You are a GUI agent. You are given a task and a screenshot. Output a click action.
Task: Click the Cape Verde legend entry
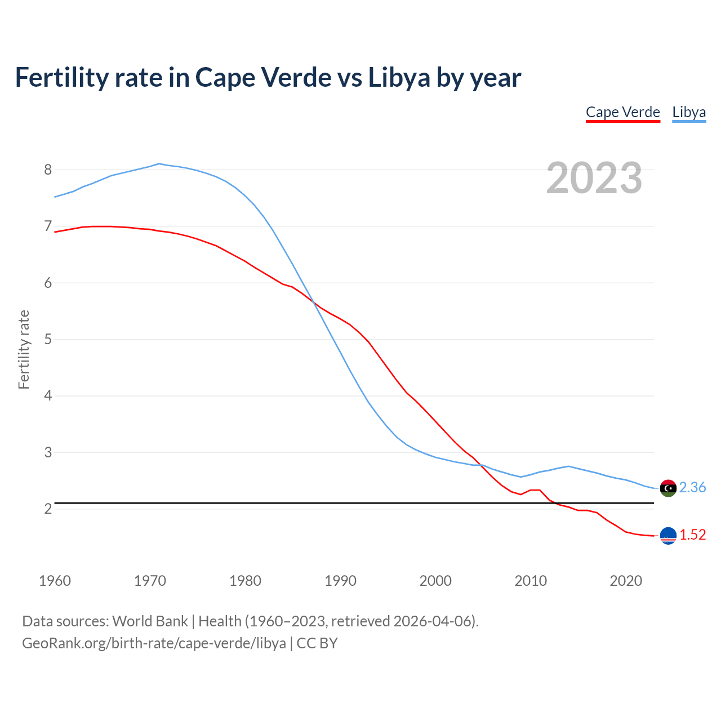622,112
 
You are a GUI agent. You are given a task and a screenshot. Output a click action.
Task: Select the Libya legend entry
689,112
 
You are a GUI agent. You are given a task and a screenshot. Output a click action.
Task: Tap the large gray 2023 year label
594,178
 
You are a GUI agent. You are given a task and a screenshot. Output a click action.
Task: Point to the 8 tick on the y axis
48,170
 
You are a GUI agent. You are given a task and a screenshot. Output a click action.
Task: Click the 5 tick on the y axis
48,339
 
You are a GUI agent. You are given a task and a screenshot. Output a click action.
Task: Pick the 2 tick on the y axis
48,509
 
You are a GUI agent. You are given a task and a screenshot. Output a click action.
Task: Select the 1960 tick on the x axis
55,581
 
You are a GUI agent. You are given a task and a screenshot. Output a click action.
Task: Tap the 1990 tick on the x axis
340,581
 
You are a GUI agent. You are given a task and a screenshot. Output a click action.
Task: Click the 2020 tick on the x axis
626,581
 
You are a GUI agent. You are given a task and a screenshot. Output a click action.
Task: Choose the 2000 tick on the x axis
435,581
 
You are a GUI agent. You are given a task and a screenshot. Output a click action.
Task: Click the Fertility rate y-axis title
24,349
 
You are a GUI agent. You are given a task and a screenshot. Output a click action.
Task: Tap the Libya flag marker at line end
667,488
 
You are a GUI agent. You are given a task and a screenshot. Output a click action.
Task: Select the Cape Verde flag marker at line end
667,536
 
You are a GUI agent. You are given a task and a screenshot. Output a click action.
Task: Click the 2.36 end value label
692,487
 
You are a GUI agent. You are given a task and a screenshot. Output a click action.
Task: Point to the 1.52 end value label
692,535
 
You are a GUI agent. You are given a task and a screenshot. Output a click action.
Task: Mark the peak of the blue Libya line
159,164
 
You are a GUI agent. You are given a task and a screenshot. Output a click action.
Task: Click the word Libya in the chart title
399,77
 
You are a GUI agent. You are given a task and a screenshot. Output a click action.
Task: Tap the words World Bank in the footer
150,621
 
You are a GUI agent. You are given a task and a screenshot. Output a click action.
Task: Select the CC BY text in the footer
317,643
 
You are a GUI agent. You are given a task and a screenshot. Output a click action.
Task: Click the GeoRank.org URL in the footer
154,643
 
